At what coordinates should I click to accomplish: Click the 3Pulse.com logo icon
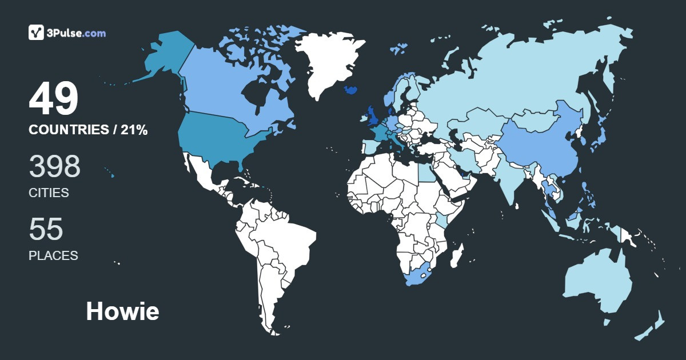pyautogui.click(x=37, y=33)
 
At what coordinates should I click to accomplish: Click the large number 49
pyautogui.click(x=54, y=99)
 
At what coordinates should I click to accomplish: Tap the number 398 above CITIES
pyautogui.click(x=55, y=166)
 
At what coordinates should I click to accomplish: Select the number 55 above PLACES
pyautogui.click(x=46, y=229)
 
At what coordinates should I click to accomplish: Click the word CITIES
pyautogui.click(x=49, y=193)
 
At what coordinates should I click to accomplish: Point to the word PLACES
pyautogui.click(x=53, y=255)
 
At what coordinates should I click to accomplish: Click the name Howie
pyautogui.click(x=122, y=311)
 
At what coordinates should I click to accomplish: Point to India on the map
pyautogui.click(x=508, y=177)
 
